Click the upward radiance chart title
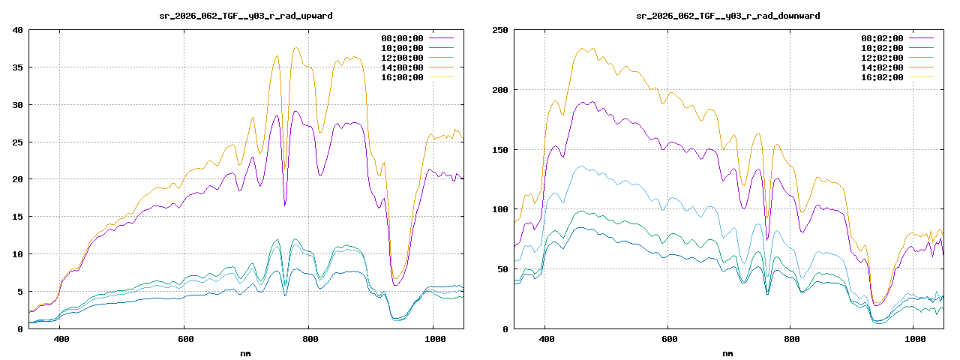tap(246, 15)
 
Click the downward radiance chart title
tap(727, 15)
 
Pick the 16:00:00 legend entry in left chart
tap(401, 77)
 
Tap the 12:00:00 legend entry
tap(401, 58)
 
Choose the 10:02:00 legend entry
tap(883, 48)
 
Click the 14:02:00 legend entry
tap(883, 67)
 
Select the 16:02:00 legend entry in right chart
tap(883, 77)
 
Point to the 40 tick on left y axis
tap(17, 30)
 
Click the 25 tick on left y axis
tap(17, 142)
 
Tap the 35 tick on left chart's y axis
tap(17, 67)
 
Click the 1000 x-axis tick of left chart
tap(433, 339)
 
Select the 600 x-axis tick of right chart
tap(667, 339)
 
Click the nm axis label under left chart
tap(246, 352)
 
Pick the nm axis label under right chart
tap(727, 352)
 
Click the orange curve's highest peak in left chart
tap(296, 48)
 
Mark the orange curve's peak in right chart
tap(583, 49)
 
